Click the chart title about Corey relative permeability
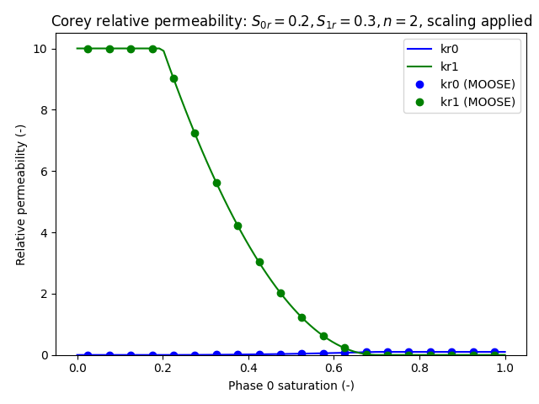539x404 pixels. pos(291,21)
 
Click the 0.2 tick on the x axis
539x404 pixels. pos(163,368)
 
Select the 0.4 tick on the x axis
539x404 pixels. pos(248,368)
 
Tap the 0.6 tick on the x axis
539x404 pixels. pos(334,368)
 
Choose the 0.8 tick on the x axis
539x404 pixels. pos(419,368)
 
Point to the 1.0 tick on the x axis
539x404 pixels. pos(505,368)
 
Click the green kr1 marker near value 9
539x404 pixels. pos(173,78)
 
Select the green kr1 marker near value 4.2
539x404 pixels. pos(237,226)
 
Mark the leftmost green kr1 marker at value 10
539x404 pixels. pos(88,49)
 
